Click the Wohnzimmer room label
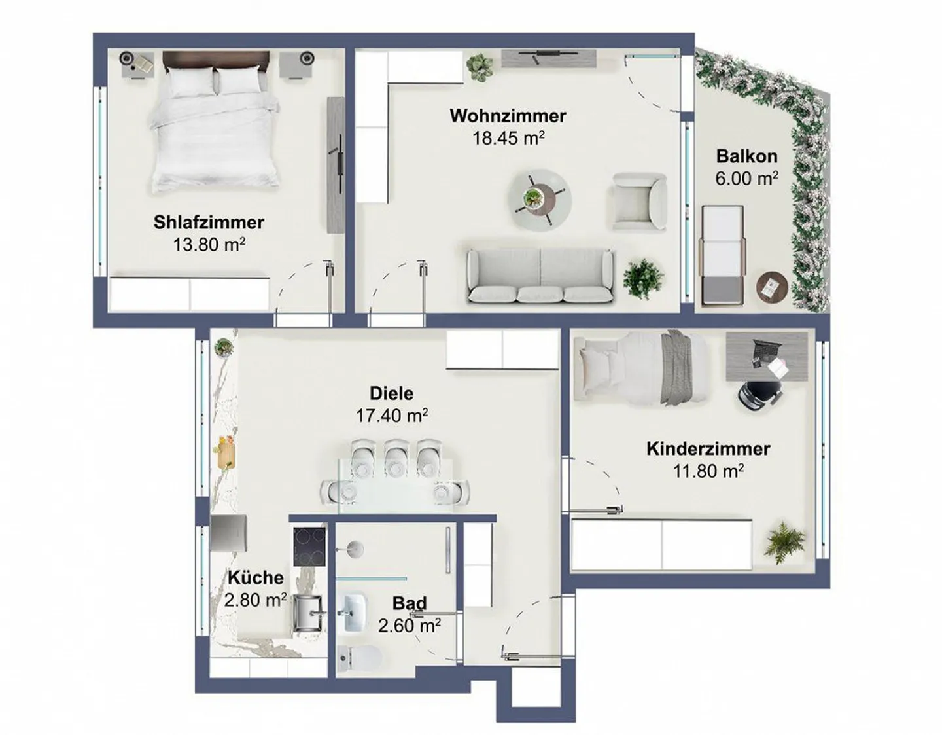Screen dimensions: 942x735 (x=508, y=116)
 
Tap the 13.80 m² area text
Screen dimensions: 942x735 (x=209, y=245)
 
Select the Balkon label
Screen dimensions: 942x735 (x=746, y=156)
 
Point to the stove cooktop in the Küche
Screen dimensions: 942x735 (x=309, y=546)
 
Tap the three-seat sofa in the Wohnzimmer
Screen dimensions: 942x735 (x=540, y=276)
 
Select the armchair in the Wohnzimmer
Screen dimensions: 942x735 (x=638, y=202)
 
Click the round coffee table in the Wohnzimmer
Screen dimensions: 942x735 (x=540, y=198)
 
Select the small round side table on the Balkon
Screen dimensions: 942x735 (x=773, y=286)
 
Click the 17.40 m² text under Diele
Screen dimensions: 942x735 (x=391, y=416)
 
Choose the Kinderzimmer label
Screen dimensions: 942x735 (x=708, y=449)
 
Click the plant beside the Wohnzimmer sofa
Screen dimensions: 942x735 (x=644, y=278)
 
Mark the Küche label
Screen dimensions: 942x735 (x=255, y=578)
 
